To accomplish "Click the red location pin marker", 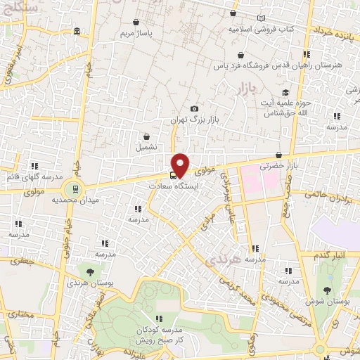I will [181, 165].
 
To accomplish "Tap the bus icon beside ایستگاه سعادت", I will [173, 175].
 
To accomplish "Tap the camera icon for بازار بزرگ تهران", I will [194, 109].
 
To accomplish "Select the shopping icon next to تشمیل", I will [146, 137].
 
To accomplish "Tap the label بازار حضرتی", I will [275, 167].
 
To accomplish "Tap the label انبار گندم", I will [329, 254].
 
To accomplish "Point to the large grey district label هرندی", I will [223, 261].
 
